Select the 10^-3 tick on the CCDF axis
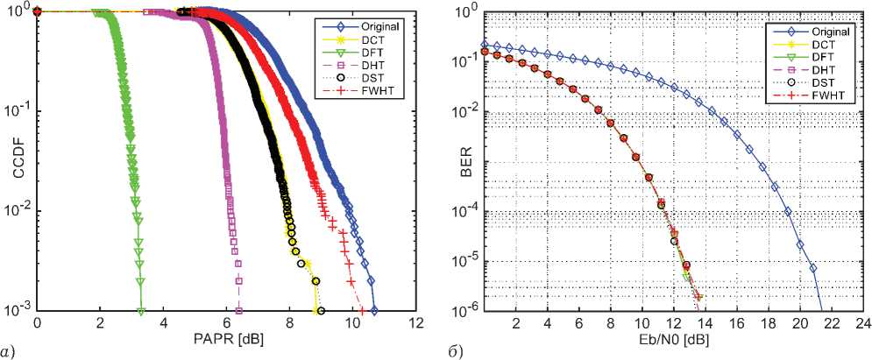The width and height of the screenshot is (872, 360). coord(19,310)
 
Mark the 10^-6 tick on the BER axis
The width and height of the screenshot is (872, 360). coord(464,310)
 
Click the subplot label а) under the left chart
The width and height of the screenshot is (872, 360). coord(7,352)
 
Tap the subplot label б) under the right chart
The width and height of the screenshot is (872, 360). coord(450,352)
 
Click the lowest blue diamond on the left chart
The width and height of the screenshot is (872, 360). coord(374,309)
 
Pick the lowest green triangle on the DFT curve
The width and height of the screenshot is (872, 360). coord(141,309)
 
